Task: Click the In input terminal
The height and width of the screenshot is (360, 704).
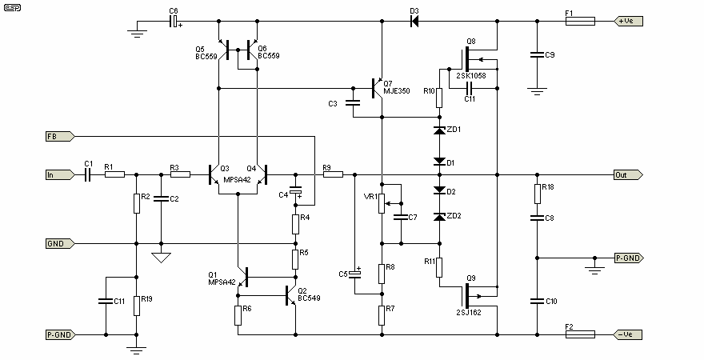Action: click(60, 174)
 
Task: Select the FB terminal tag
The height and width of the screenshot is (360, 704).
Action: click(60, 137)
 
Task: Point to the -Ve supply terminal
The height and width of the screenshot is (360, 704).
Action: click(626, 334)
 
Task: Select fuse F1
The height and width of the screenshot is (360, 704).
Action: click(578, 21)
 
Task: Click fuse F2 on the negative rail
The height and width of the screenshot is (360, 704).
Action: click(578, 334)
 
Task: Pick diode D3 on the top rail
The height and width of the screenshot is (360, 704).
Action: click(414, 21)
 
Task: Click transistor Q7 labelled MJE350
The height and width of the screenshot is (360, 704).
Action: click(378, 87)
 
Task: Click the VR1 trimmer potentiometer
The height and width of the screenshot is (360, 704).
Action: click(382, 204)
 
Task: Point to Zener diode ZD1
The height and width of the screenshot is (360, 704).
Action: click(438, 130)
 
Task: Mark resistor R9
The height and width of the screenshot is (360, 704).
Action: click(333, 174)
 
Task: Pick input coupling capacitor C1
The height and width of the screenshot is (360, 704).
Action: click(89, 174)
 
